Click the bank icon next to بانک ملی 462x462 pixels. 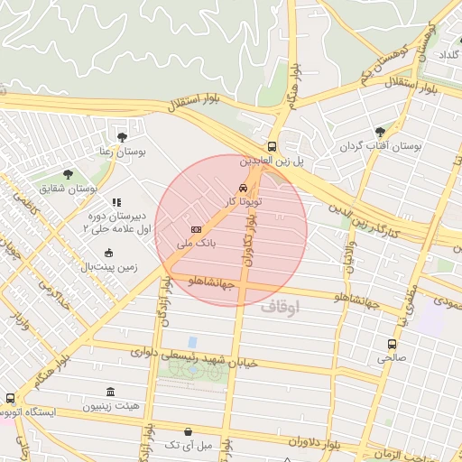click(196, 230)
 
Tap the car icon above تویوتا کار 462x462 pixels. click(243, 188)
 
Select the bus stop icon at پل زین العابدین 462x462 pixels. click(272, 146)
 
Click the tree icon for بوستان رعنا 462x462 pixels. click(122, 137)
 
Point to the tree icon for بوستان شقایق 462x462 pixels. click(69, 174)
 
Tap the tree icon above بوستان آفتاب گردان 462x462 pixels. click(380, 132)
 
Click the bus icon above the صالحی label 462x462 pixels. click(392, 344)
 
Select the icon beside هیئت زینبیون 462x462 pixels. click(110, 392)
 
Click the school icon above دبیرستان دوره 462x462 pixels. click(116, 203)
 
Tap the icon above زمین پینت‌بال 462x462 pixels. click(109, 254)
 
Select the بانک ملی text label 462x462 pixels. click(171, 244)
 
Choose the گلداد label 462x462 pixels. click(447, 55)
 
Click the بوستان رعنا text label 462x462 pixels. click(123, 152)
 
